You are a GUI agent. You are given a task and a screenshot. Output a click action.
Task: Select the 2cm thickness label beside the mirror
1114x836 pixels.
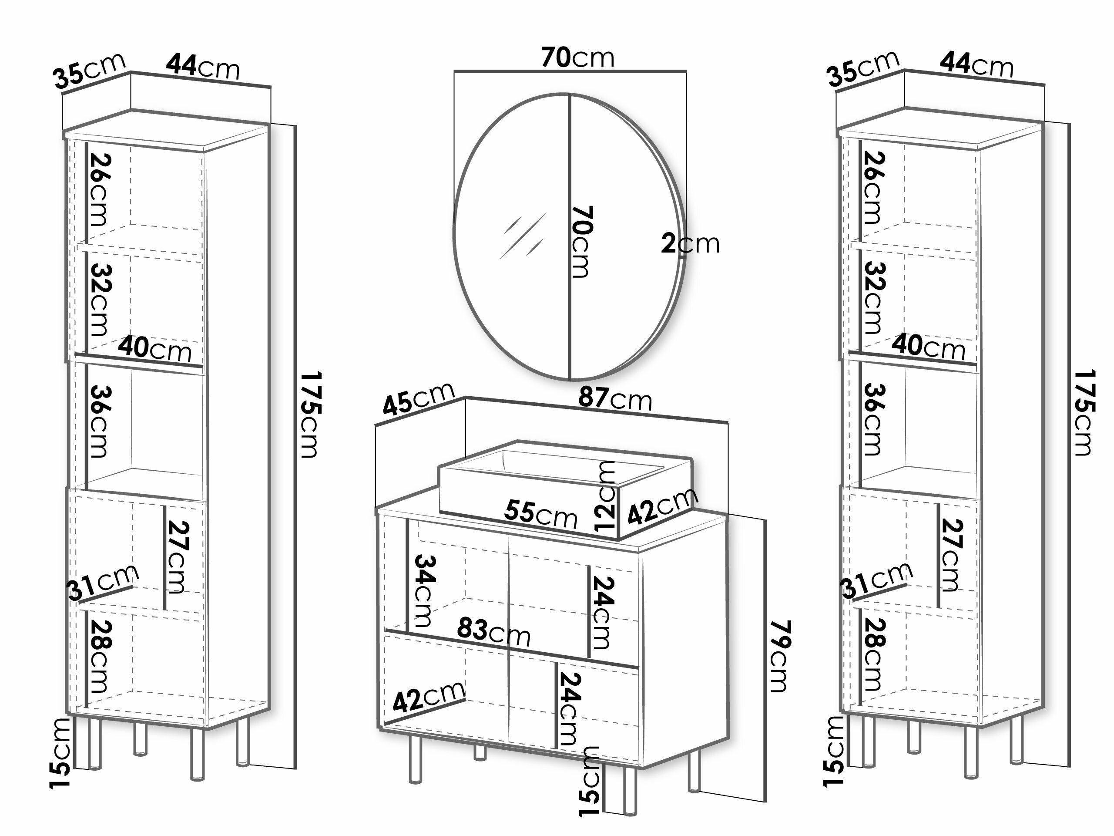coord(690,244)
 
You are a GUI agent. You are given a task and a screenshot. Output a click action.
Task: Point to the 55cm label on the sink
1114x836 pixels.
coord(540,514)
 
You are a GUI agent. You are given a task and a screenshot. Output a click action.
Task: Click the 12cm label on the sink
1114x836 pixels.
coord(605,496)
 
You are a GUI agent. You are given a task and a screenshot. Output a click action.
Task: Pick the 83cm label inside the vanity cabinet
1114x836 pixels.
coord(493,632)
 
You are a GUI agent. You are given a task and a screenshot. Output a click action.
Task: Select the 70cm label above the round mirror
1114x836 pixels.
coord(577,57)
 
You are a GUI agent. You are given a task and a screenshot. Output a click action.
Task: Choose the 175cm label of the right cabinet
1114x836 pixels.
coord(1083,413)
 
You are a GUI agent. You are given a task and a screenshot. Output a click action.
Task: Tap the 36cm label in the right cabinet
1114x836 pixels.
coord(874,419)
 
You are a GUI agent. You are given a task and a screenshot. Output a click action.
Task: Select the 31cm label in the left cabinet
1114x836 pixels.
coord(103,582)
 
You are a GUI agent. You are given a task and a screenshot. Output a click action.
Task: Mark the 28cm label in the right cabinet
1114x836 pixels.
coord(874,654)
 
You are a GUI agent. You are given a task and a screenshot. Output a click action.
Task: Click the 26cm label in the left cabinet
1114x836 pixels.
coord(100,189)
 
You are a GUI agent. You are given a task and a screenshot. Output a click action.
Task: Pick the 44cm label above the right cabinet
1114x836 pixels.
coord(976,65)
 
